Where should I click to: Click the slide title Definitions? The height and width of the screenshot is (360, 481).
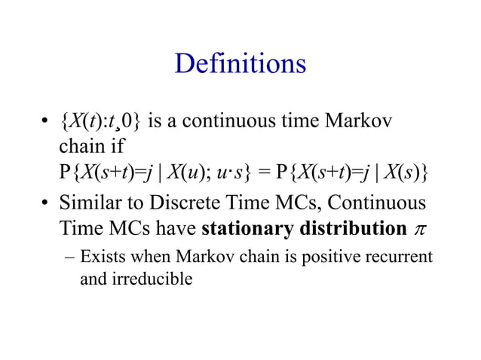point(240,63)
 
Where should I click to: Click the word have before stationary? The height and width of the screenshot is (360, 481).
point(181,227)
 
